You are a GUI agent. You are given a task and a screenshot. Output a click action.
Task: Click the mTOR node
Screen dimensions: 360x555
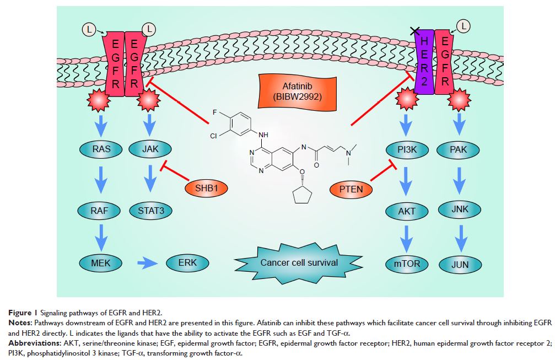click(407, 264)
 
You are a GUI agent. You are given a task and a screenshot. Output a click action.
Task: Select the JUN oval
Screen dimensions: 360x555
click(460, 265)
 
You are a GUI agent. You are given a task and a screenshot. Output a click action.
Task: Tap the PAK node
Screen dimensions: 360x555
click(460, 148)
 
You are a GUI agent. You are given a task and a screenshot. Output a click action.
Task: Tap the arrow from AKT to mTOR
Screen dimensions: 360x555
click(407, 238)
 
